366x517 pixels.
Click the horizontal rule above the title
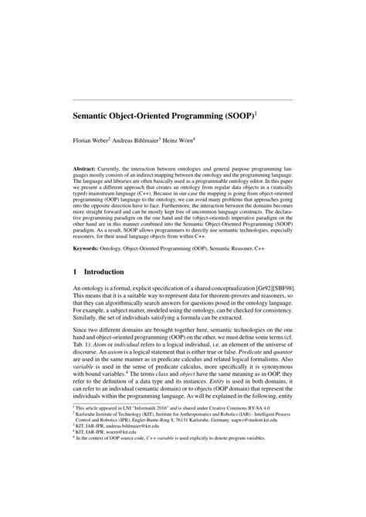(x=183, y=100)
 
